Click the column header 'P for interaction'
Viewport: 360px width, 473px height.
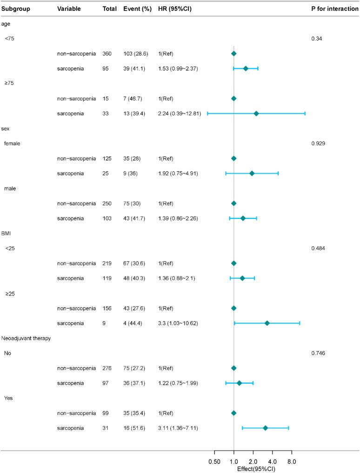(334, 9)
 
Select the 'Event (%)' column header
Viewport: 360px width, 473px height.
(138, 9)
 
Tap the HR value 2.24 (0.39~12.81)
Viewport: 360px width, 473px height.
(180, 114)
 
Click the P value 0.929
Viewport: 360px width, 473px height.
(318, 143)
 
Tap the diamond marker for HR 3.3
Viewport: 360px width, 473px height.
(267, 323)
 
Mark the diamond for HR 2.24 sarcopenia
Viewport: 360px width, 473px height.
(256, 114)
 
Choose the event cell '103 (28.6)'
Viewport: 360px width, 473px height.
(138, 54)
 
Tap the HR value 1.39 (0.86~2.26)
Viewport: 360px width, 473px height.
(178, 218)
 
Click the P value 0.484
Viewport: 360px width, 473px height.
(318, 248)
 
